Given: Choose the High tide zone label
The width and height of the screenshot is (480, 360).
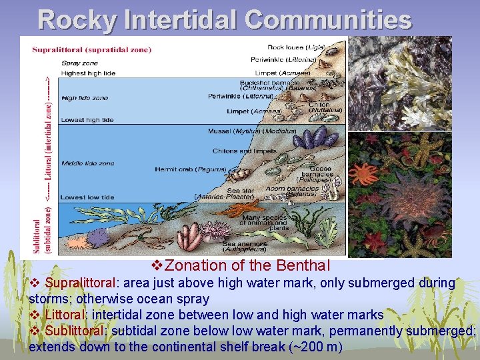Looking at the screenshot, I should click(84, 98).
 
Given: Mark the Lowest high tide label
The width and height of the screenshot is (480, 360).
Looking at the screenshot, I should click(87, 120).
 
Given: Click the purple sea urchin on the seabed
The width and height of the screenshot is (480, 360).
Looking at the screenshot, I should click(99, 237).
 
